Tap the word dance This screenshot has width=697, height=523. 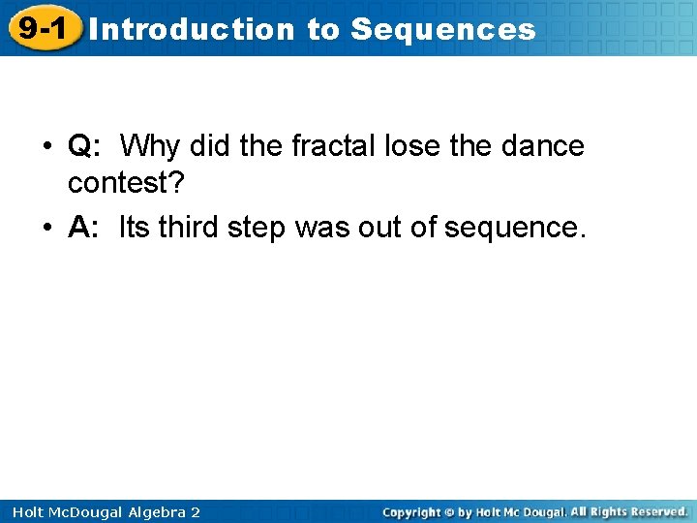[x=543, y=146]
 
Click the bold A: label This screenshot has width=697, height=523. [x=84, y=228]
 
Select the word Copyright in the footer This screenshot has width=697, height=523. [x=415, y=511]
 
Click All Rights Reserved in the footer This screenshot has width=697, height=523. [x=628, y=511]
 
